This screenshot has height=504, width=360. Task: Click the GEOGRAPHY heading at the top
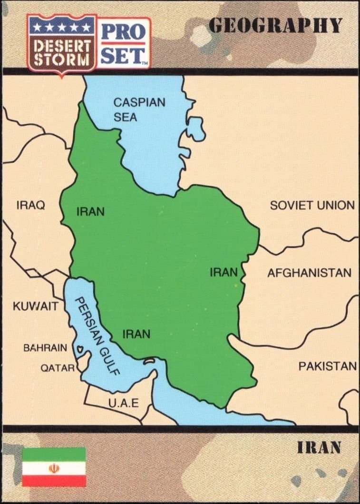pos(276,25)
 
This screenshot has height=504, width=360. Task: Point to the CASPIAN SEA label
pos(139,109)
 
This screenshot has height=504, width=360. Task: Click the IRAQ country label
pos(30,206)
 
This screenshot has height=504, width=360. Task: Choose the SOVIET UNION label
pos(312,206)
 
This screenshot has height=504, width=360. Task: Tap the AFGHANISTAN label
pos(309,273)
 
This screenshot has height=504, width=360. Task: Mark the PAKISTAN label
pos(327,366)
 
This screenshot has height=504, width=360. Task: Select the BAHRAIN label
pos(45,347)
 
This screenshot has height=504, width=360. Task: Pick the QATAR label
pos(57,368)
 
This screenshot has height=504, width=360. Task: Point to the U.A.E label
pos(124,404)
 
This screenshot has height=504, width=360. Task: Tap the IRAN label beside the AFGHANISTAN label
pos(224,273)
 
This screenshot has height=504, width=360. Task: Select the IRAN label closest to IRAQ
pos(90,212)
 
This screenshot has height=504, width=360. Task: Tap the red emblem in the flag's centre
pos(54,467)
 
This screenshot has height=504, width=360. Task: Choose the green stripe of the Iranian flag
pos(54,454)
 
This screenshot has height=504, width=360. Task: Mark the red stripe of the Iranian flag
pos(54,481)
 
